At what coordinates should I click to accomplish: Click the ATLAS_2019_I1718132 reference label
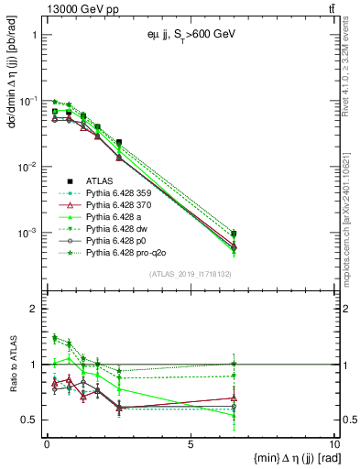coord(190,274)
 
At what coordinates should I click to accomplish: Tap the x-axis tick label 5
coord(190,444)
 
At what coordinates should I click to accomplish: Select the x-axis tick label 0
coord(47,444)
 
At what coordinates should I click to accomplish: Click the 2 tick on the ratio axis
coord(33,309)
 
